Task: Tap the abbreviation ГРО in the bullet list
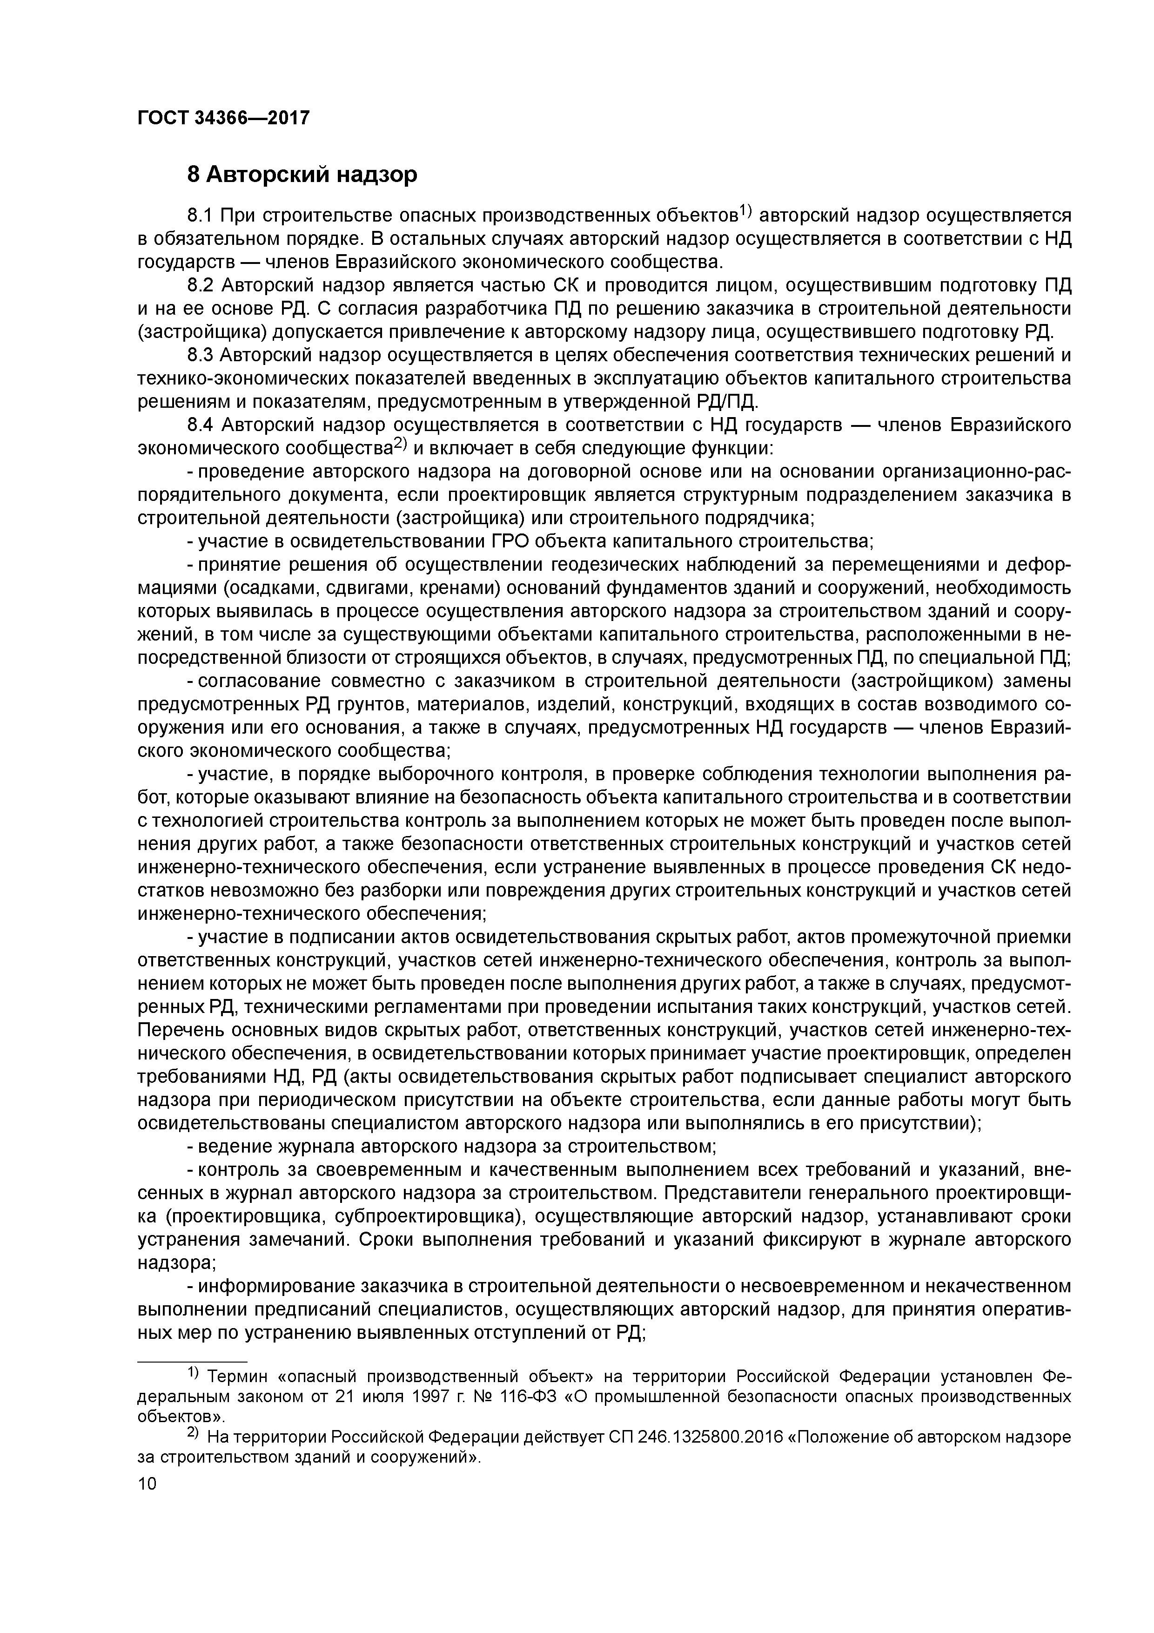(x=510, y=541)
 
